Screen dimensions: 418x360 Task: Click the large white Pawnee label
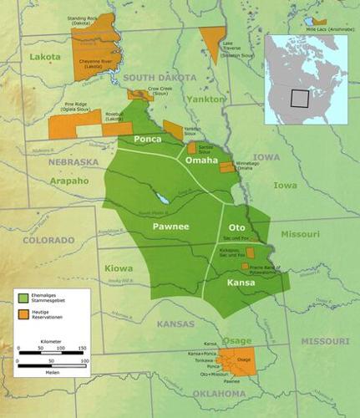pyautogui.click(x=170, y=227)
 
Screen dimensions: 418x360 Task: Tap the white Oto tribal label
pyautogui.click(x=236, y=227)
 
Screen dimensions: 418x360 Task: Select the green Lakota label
pyautogui.click(x=45, y=57)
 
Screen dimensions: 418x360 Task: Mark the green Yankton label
pyautogui.click(x=207, y=99)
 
